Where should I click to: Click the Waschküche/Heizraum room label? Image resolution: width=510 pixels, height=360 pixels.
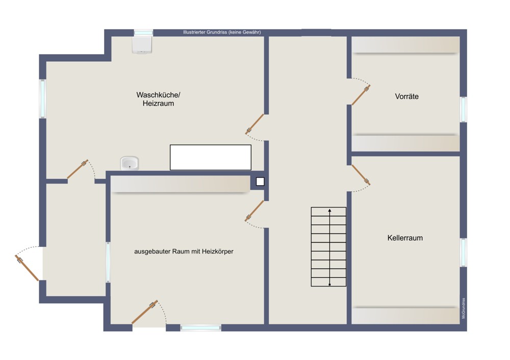(x=158, y=99)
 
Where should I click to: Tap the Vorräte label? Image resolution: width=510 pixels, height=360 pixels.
(x=406, y=96)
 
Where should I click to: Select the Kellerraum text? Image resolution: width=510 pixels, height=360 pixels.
(x=405, y=238)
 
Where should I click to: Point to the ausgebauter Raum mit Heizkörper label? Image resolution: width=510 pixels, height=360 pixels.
(x=184, y=251)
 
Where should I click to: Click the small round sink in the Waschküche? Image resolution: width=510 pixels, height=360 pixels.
(x=130, y=163)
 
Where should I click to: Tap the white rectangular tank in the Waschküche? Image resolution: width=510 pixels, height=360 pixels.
(x=211, y=158)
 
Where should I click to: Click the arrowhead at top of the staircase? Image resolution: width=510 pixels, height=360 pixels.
(x=329, y=211)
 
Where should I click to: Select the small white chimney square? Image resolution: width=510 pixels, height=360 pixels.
(x=260, y=182)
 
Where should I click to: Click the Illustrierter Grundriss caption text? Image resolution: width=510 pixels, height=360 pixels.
(x=222, y=32)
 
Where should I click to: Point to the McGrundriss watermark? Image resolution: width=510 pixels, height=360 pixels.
(x=463, y=308)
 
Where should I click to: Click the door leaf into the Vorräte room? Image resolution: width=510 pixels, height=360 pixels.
(x=361, y=95)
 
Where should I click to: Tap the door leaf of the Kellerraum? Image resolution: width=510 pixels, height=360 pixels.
(x=361, y=175)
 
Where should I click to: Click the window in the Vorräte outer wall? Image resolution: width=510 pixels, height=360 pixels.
(x=464, y=109)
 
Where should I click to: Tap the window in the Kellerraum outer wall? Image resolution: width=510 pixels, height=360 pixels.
(x=464, y=252)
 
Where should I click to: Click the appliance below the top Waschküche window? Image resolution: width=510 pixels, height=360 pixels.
(x=142, y=44)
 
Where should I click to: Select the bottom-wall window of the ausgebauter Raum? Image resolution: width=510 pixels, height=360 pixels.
(x=200, y=328)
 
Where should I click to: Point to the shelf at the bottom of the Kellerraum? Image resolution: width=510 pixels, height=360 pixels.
(x=405, y=316)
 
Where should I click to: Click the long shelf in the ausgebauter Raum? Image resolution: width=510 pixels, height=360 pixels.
(x=181, y=184)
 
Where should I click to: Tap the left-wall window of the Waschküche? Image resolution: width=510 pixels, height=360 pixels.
(x=43, y=99)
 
